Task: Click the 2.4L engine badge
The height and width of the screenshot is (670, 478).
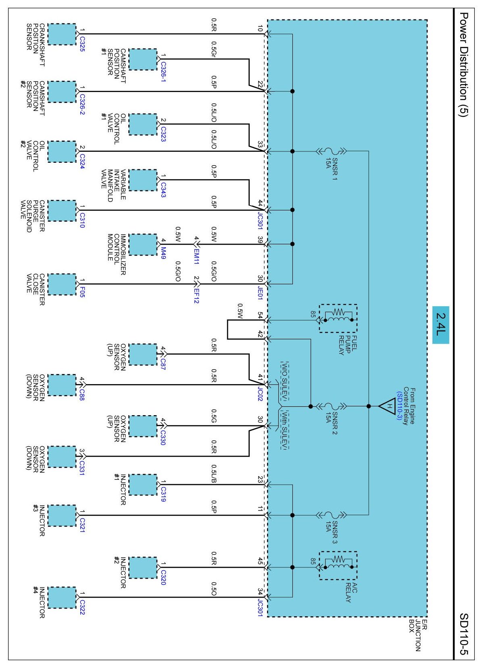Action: [x=440, y=325]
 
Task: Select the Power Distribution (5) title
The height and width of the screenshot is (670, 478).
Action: [x=463, y=64]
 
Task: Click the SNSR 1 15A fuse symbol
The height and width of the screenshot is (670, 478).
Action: [x=331, y=151]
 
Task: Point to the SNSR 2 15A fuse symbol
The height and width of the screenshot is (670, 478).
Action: [x=331, y=406]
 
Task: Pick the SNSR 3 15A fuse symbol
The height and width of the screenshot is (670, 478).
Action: [x=331, y=515]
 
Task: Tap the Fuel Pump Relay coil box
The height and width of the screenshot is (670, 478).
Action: [x=338, y=318]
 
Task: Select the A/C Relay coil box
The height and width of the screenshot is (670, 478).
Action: [x=338, y=566]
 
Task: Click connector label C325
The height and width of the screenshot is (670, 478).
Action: [x=82, y=44]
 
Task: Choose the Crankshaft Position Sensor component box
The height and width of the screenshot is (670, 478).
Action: [x=62, y=34]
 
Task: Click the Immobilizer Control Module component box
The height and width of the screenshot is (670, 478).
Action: [x=143, y=245]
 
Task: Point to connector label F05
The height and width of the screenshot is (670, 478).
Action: [x=82, y=292]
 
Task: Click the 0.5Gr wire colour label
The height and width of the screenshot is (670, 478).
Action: [x=214, y=49]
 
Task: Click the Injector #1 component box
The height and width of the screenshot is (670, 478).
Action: [x=143, y=485]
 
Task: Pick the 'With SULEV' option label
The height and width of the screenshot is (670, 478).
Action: [x=284, y=430]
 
